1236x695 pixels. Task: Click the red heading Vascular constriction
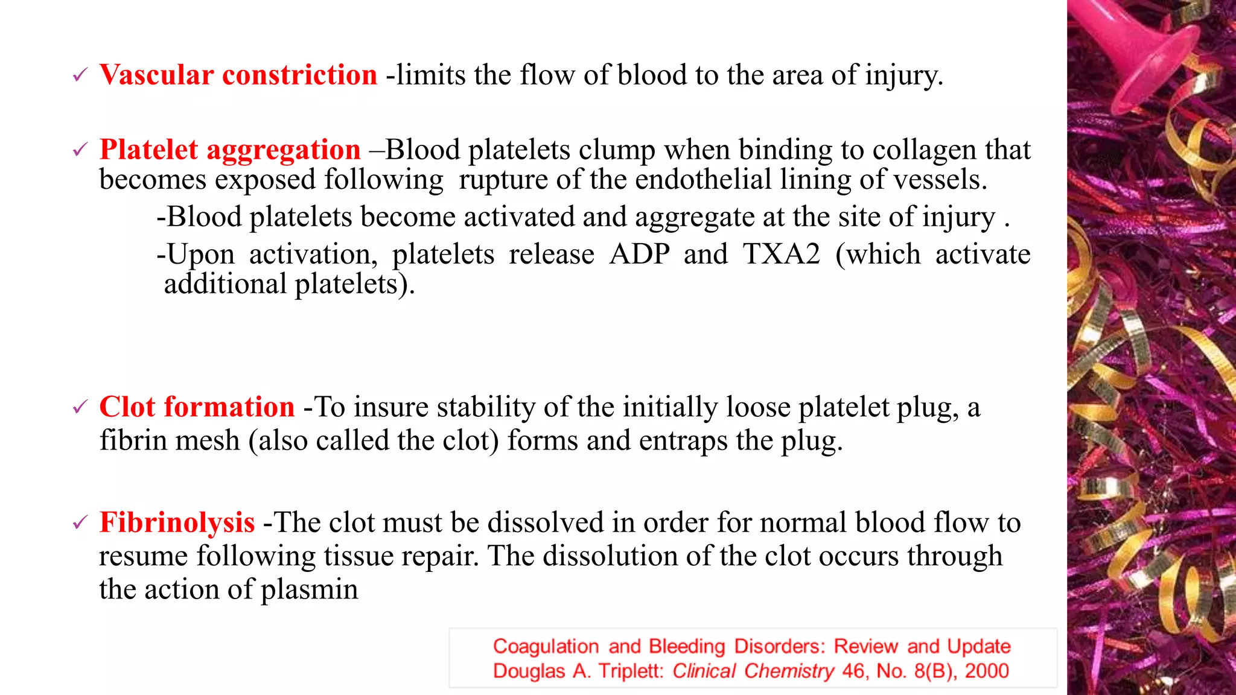click(x=238, y=75)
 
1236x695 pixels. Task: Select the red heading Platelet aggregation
click(x=230, y=150)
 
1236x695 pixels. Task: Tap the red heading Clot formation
click(x=197, y=407)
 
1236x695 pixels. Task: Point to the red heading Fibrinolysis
click(x=177, y=522)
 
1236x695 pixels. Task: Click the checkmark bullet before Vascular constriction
click(x=80, y=76)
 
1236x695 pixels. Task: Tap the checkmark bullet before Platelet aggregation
click(x=80, y=150)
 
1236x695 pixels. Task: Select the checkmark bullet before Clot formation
click(x=80, y=408)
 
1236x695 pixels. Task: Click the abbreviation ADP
click(x=639, y=255)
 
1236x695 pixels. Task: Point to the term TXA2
click(x=781, y=255)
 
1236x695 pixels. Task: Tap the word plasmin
click(x=309, y=590)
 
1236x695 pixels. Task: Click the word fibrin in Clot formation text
click(x=133, y=440)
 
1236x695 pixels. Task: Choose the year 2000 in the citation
click(x=986, y=671)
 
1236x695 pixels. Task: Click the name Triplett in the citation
click(x=630, y=671)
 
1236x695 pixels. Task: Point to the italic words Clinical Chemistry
click(x=753, y=671)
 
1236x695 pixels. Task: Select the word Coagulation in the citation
click(x=546, y=646)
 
